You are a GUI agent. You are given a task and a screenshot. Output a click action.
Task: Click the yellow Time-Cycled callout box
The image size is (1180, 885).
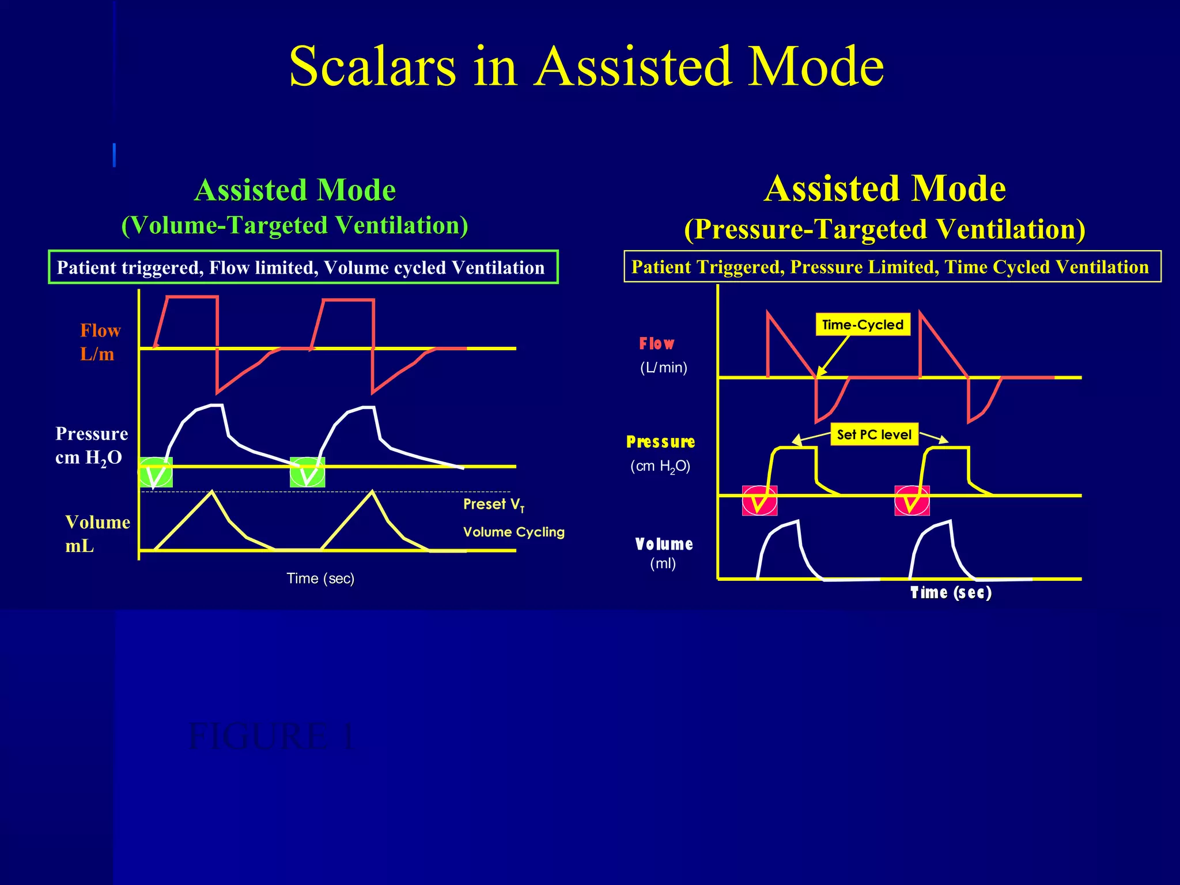pyautogui.click(x=863, y=324)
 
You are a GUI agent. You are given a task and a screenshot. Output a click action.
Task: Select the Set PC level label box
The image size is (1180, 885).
pyautogui.click(x=874, y=434)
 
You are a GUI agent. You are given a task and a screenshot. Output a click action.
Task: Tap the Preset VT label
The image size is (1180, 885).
pyautogui.click(x=494, y=505)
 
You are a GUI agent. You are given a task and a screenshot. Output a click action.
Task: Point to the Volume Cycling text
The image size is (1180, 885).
pyautogui.click(x=513, y=532)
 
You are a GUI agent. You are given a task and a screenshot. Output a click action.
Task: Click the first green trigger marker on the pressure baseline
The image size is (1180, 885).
pyautogui.click(x=156, y=472)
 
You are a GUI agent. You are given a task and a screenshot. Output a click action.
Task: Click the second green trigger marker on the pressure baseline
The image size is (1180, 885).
pyautogui.click(x=308, y=472)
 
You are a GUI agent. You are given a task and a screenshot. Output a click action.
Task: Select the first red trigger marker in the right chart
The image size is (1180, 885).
pyautogui.click(x=759, y=501)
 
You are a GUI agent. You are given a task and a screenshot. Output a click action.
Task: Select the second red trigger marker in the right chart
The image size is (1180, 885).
pyautogui.click(x=912, y=501)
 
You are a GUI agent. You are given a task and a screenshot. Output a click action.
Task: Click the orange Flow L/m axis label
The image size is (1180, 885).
pyautogui.click(x=100, y=342)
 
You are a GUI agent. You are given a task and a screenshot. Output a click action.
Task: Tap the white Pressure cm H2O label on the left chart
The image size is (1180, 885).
pyautogui.click(x=91, y=445)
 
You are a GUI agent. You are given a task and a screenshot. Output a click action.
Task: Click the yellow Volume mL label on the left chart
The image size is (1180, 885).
pyautogui.click(x=97, y=534)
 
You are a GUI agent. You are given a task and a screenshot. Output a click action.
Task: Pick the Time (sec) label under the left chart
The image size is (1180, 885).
pyautogui.click(x=320, y=578)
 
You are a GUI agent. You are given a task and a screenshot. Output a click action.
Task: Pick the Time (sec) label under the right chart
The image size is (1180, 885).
pyautogui.click(x=951, y=593)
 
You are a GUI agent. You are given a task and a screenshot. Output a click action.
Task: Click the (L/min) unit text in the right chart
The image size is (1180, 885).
pyautogui.click(x=663, y=368)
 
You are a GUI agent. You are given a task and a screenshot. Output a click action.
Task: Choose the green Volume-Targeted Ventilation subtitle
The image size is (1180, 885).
pyautogui.click(x=294, y=225)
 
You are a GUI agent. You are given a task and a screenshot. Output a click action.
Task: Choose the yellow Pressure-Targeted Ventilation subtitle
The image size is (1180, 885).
pyautogui.click(x=884, y=229)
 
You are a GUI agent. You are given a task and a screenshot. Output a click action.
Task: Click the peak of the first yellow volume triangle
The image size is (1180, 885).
pyautogui.click(x=213, y=491)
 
